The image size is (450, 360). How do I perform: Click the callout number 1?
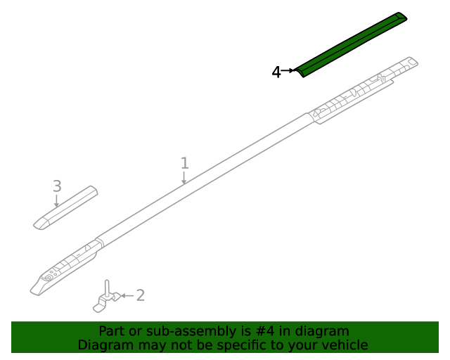coord(184,163)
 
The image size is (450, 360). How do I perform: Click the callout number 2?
coord(140,295)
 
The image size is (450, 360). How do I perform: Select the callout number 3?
coord(57,186)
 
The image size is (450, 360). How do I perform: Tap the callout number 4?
coord(276,72)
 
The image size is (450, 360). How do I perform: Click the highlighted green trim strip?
coord(352,44)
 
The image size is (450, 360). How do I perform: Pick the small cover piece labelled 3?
coord(65,207)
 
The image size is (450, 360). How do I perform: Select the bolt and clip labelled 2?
coord(105,299)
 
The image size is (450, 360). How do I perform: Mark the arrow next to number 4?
coord(288,71)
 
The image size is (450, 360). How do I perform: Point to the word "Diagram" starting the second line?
coord(104,345)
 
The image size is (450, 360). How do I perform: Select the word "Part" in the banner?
coord(111,331)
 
